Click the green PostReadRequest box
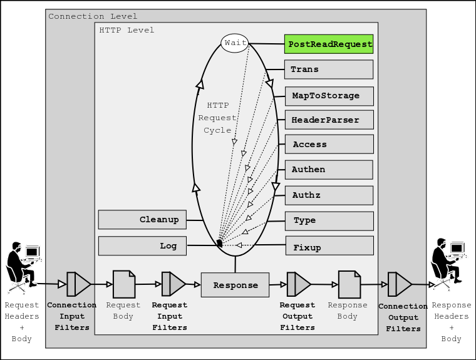click(329, 44)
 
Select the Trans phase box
click(329, 69)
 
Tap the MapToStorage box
click(329, 96)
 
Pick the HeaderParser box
click(329, 120)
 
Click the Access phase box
click(329, 145)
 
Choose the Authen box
click(329, 170)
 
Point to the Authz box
click(329, 195)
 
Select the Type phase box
click(329, 221)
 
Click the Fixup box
click(329, 246)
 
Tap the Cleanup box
click(142, 220)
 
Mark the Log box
click(142, 246)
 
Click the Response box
click(235, 285)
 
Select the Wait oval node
click(235, 43)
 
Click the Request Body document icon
click(123, 284)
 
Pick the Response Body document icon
click(349, 284)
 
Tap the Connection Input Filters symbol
click(78, 284)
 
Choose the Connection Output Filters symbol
click(399, 284)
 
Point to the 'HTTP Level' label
click(127, 30)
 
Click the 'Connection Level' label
click(93, 16)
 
